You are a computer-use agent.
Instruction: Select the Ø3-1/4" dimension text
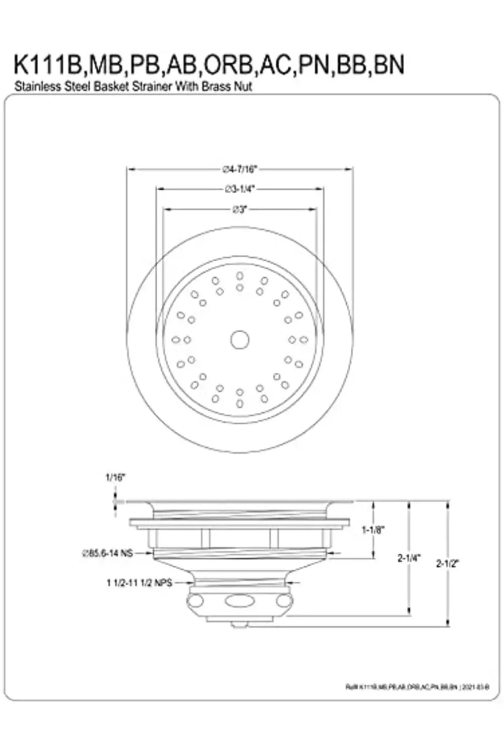240,189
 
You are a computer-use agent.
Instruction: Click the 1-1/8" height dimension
373,530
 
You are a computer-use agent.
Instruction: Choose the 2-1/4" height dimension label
409,558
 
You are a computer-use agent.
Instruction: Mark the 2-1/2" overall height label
448,563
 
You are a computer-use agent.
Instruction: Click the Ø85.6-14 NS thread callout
107,553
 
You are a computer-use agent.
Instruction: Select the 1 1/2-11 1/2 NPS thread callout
139,583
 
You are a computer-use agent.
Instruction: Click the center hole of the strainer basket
240,340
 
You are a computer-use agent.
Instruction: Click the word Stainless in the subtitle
36,86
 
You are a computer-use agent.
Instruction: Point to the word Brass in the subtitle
216,86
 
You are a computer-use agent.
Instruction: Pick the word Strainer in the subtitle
152,86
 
